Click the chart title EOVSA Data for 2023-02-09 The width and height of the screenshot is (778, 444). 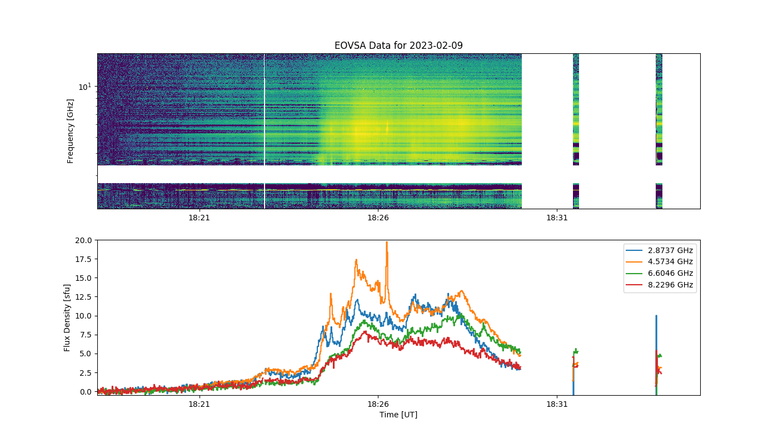[398, 46]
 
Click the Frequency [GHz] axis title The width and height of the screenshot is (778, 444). [70, 131]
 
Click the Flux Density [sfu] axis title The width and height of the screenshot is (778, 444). [67, 317]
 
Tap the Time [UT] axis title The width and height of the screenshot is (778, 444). [398, 415]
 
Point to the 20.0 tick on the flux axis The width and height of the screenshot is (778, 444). [83, 240]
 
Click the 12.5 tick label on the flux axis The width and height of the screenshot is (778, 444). [83, 297]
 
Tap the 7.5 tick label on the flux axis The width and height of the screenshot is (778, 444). [86, 335]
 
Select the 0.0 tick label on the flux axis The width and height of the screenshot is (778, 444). [86, 392]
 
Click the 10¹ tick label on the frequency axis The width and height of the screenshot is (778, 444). [85, 87]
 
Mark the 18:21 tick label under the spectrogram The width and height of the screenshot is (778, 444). [199, 218]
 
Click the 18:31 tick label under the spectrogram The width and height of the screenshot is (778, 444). [557, 218]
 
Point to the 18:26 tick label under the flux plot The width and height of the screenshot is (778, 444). [378, 404]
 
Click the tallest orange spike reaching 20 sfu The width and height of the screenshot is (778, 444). [387, 242]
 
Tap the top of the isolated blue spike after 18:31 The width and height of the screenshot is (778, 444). [656, 316]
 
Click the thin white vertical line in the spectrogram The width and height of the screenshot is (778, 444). [265, 131]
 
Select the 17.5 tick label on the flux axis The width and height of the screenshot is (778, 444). [83, 259]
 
